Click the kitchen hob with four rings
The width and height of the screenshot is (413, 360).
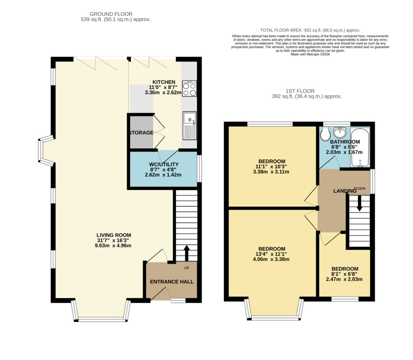[190, 88]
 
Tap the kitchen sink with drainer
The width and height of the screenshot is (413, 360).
[190, 126]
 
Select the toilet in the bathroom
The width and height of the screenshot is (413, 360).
[325, 134]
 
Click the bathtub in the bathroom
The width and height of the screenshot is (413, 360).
[360, 147]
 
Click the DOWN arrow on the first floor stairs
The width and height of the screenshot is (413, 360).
[359, 203]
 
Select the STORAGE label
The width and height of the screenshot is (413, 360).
[141, 132]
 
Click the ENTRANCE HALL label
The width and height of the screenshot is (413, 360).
[172, 282]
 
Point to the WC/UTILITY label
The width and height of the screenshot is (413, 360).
[164, 164]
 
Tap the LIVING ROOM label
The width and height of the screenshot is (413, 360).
[114, 235]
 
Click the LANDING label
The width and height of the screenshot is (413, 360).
[345, 191]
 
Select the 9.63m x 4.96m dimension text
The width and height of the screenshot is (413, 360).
[113, 246]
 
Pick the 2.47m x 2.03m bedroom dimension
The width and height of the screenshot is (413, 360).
[344, 279]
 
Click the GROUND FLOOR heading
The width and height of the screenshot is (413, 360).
[111, 14]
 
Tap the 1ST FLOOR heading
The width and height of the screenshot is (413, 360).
[300, 91]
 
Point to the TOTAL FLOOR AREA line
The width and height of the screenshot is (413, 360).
[310, 30]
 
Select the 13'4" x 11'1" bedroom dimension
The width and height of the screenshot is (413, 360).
[271, 254]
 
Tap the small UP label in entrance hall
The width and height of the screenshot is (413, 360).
[186, 268]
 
